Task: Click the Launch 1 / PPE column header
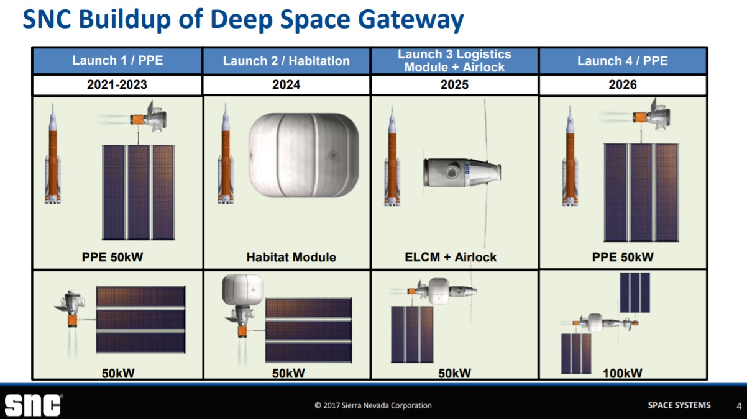pyautogui.click(x=117, y=61)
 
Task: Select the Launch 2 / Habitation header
pyautogui.click(x=286, y=61)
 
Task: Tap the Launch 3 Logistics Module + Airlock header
pyautogui.click(x=454, y=61)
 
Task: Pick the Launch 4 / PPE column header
pyautogui.click(x=623, y=61)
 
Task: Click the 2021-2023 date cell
pyautogui.click(x=117, y=84)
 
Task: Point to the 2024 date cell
pyautogui.click(x=286, y=84)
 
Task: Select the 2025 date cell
pyautogui.click(x=454, y=84)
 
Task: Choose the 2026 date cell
pyautogui.click(x=623, y=84)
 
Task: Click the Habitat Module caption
pyautogui.click(x=291, y=257)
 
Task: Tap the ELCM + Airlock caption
pyautogui.click(x=451, y=257)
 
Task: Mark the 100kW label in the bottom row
pyautogui.click(x=622, y=373)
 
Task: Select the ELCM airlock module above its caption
pyautogui.click(x=460, y=171)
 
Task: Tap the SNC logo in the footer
pyautogui.click(x=33, y=405)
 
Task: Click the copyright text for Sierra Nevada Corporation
pyautogui.click(x=373, y=405)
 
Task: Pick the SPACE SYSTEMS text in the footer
pyautogui.click(x=679, y=405)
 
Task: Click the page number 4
pyautogui.click(x=738, y=406)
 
